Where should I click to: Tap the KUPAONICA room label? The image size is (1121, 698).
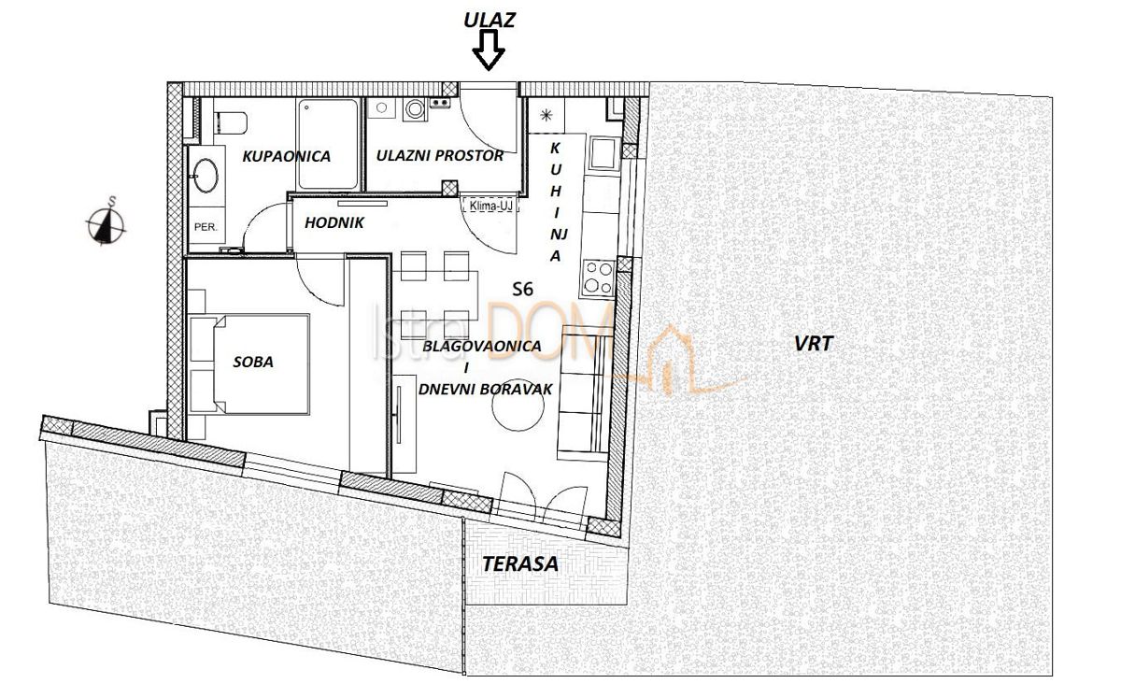(x=286, y=156)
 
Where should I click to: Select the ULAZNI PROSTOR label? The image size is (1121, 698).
(x=439, y=156)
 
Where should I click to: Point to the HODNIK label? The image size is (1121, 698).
(x=333, y=222)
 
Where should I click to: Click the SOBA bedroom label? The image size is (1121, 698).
(x=252, y=362)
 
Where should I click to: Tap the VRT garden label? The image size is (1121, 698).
(x=813, y=344)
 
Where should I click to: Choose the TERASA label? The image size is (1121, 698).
(x=520, y=563)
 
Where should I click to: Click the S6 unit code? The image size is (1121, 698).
(x=524, y=290)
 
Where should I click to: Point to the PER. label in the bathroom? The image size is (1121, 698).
(x=206, y=226)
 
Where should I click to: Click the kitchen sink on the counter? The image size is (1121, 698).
(x=602, y=150)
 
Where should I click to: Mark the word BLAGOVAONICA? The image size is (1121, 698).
(x=482, y=346)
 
